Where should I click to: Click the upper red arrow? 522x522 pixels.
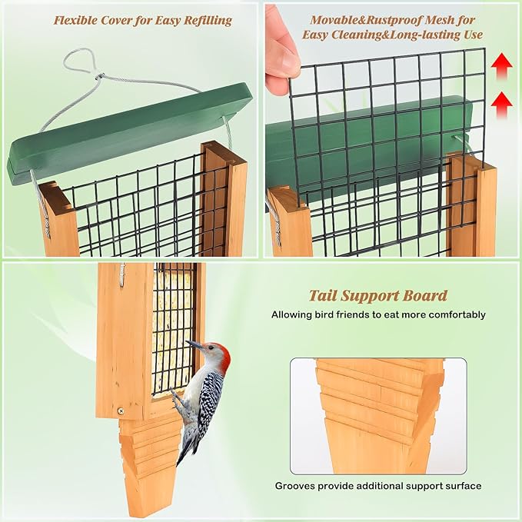(502, 66)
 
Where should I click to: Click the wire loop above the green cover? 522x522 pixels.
(77, 62)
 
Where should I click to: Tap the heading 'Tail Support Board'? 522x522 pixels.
(377, 296)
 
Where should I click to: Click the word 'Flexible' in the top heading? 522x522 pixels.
(76, 20)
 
